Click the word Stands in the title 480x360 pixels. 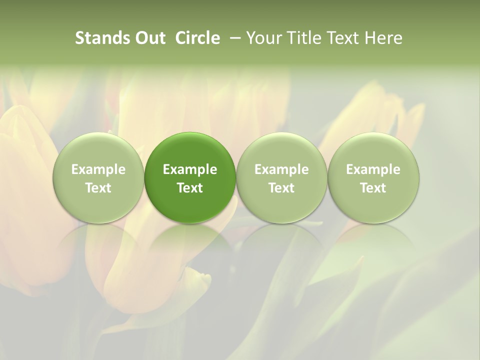coord(101,38)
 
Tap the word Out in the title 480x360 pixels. coord(149,38)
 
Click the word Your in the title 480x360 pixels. coord(262,38)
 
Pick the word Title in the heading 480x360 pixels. coord(301,38)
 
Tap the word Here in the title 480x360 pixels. coord(382,38)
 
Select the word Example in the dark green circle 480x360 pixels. coord(190,169)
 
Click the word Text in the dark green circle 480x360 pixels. coord(190,188)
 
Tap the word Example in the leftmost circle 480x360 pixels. coord(98,169)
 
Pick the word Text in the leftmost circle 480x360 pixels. coord(98,188)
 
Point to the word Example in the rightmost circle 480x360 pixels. coord(373,169)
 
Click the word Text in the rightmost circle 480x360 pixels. coord(373,188)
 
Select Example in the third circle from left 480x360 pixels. coord(281,169)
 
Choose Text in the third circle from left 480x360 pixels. coord(281,188)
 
